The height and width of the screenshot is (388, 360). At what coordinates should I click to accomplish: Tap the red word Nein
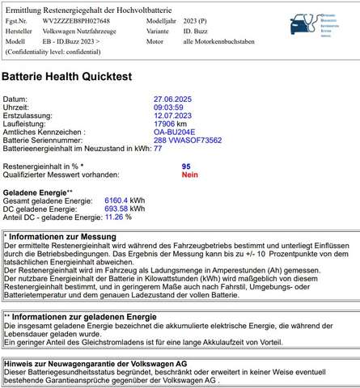[189, 174]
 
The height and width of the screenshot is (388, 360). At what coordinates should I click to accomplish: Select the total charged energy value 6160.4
[116, 200]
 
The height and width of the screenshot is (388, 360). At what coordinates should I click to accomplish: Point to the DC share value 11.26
[112, 217]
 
